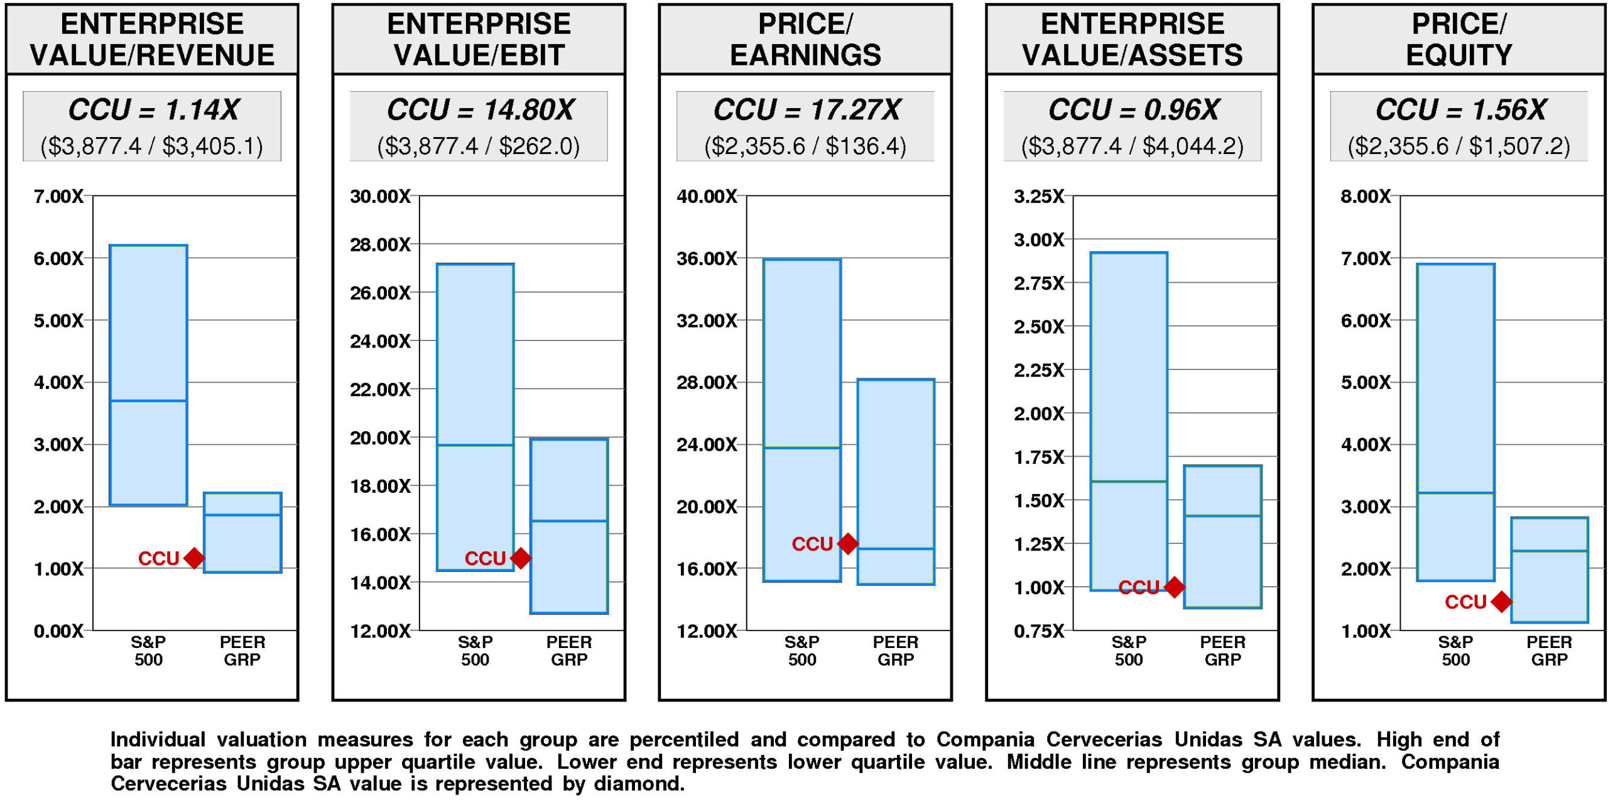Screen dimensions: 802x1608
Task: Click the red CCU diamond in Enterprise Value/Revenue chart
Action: pyautogui.click(x=194, y=558)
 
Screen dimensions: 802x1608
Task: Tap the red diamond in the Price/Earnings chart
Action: pyautogui.click(x=848, y=543)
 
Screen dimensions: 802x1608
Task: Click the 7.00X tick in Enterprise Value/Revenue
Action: pyautogui.click(x=58, y=196)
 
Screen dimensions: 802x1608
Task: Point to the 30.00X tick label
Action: pyautogui.click(x=380, y=196)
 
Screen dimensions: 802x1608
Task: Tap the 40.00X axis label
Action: pyautogui.click(x=707, y=196)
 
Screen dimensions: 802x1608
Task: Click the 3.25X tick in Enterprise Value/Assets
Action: pyautogui.click(x=1039, y=196)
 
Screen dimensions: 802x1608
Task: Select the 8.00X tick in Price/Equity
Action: pyautogui.click(x=1366, y=196)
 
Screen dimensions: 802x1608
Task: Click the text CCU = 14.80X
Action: pyautogui.click(x=480, y=110)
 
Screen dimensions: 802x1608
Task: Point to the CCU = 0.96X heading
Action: pyautogui.click(x=1133, y=110)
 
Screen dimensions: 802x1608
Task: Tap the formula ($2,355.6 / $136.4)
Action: pyautogui.click(x=805, y=146)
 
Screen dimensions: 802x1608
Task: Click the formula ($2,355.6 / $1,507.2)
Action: pyautogui.click(x=1459, y=146)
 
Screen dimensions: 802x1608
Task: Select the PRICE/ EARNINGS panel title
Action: pyautogui.click(x=805, y=39)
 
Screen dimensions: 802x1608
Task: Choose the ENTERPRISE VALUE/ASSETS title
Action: pyautogui.click(x=1132, y=39)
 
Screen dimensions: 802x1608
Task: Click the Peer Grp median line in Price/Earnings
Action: pyautogui.click(x=896, y=549)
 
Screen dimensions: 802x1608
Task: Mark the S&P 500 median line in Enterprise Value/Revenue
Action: pyautogui.click(x=148, y=400)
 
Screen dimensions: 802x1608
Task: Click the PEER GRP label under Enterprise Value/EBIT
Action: pyautogui.click(x=569, y=651)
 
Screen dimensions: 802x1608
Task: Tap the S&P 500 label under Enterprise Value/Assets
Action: pyautogui.click(x=1129, y=651)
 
